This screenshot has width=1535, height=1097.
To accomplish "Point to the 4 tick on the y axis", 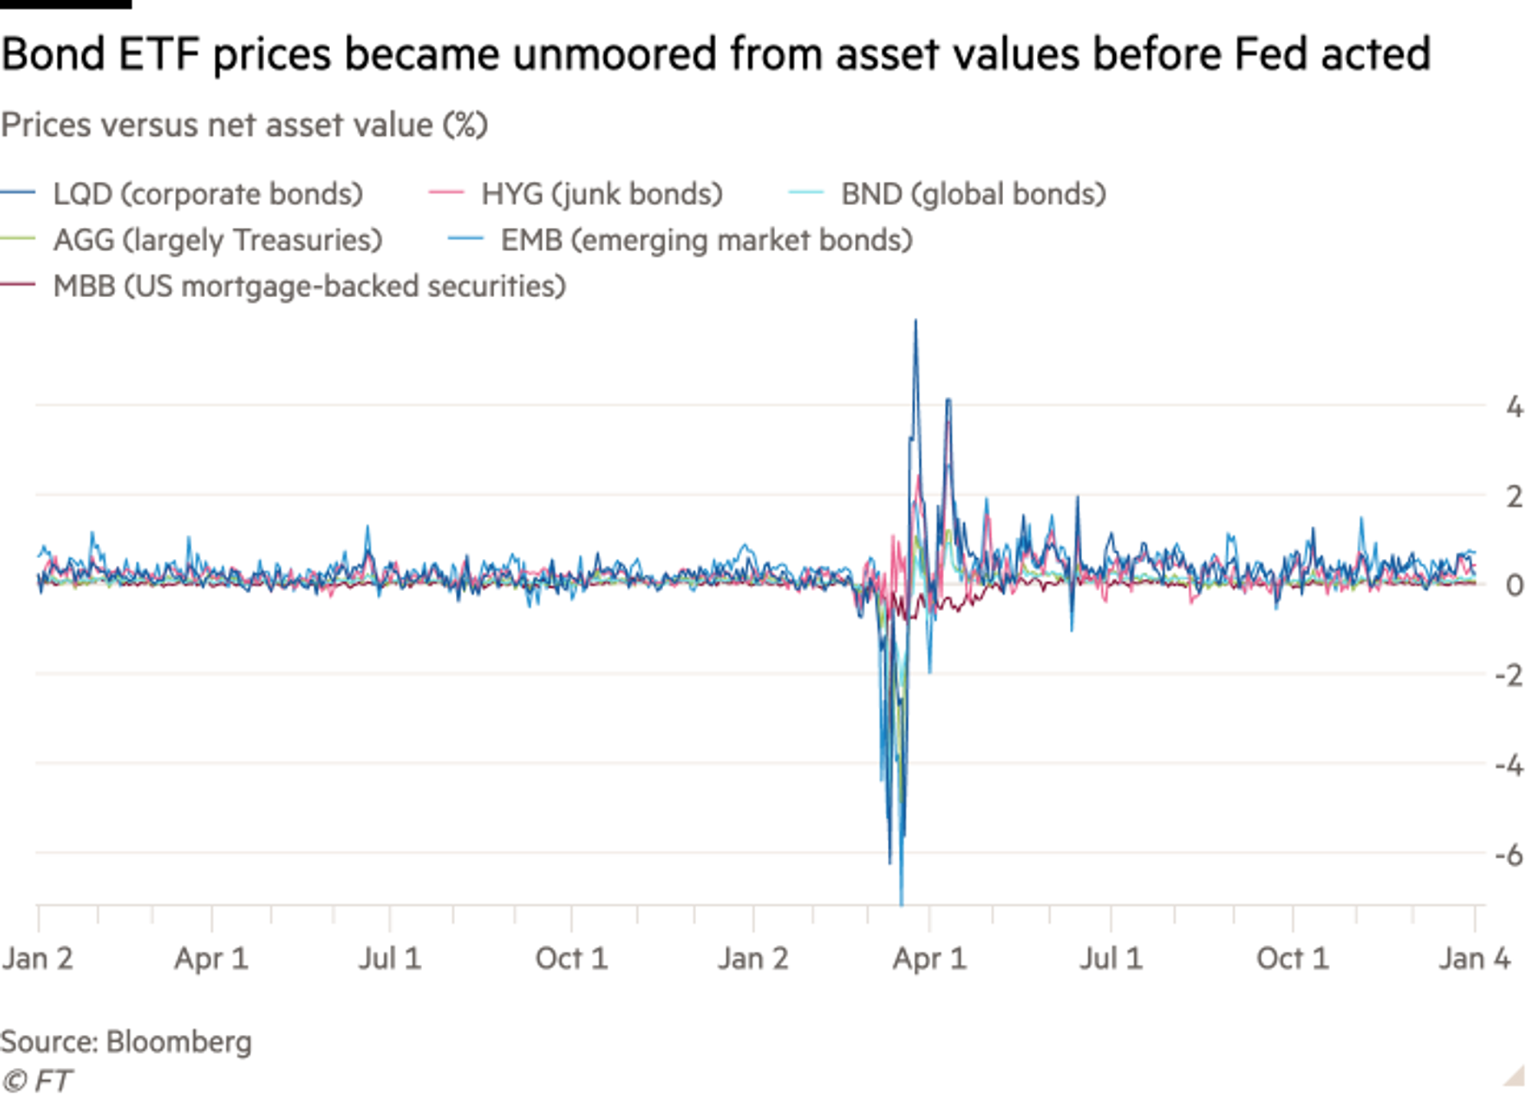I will tap(1514, 406).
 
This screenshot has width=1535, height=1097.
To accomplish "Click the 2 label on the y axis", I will tap(1514, 496).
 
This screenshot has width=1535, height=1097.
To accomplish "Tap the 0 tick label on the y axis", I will tap(1514, 586).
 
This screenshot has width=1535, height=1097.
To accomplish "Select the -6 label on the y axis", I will tap(1509, 855).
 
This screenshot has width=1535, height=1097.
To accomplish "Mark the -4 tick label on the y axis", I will tap(1509, 765).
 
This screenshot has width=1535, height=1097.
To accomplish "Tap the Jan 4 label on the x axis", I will tap(1474, 960).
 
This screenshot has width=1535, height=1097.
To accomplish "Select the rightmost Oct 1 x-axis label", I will tap(1292, 960).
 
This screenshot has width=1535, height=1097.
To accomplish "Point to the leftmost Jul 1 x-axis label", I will tap(390, 960).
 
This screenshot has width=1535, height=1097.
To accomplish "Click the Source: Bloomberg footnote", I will tap(127, 1042).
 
